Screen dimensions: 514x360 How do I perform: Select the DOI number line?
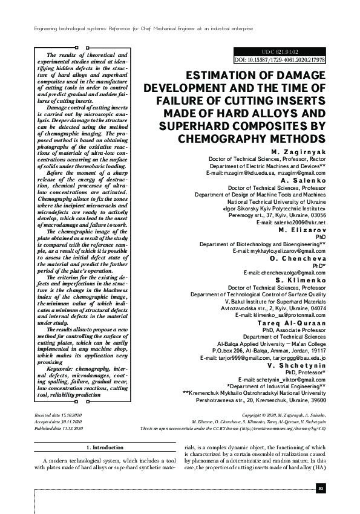pyautogui.click(x=280, y=60)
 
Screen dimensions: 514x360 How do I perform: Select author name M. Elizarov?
pyautogui.click(x=303, y=230)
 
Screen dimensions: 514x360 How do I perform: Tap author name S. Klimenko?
pyautogui.click(x=302, y=281)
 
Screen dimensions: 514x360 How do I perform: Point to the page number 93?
pyautogui.click(x=321, y=488)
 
